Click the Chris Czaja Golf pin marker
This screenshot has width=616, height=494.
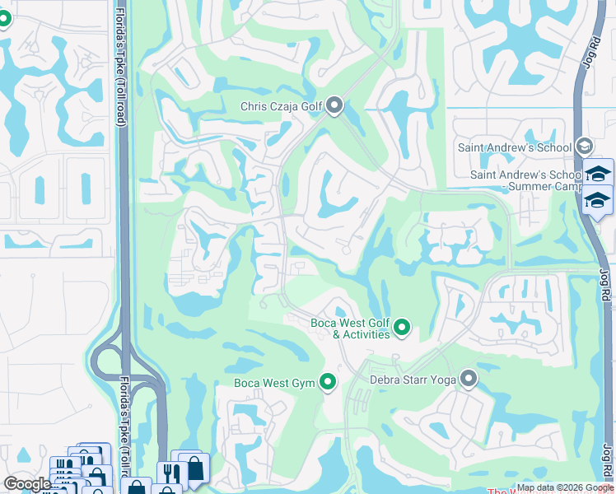pyautogui.click(x=334, y=105)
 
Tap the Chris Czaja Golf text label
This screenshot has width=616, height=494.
pyautogui.click(x=282, y=105)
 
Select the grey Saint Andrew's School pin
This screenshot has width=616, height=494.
pyautogui.click(x=584, y=147)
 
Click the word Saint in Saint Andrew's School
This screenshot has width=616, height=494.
pyautogui.click(x=473, y=147)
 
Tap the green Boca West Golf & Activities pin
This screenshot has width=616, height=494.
pyautogui.click(x=402, y=328)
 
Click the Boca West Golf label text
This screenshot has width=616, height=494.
pyautogui.click(x=349, y=323)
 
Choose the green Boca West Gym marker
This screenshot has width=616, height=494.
pyautogui.click(x=328, y=381)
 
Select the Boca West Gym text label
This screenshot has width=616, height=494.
pyautogui.click(x=274, y=382)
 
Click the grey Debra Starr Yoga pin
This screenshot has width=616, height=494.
pyautogui.click(x=469, y=379)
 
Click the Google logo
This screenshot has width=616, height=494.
pyautogui.click(x=27, y=483)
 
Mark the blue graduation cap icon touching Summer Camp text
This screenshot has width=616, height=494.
pyautogui.click(x=598, y=200)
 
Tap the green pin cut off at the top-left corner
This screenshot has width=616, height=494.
pyautogui.click(x=3, y=16)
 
